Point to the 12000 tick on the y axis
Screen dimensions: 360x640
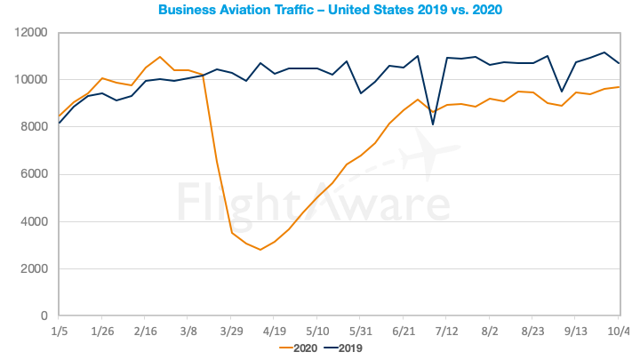point(30,32)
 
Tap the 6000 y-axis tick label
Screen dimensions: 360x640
point(34,174)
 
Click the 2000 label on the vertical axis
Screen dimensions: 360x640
point(34,268)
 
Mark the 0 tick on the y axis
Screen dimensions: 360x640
point(43,316)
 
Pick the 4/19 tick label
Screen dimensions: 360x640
point(274,331)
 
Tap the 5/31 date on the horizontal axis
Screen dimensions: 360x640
point(360,331)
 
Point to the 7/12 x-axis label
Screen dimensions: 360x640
point(446,331)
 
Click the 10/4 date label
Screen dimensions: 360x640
point(619,331)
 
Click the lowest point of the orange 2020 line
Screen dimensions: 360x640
point(260,250)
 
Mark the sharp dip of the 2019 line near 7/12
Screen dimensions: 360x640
point(433,124)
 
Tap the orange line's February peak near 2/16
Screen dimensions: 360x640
point(160,57)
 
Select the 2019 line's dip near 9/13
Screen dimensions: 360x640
point(562,92)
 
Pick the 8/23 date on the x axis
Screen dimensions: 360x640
point(532,331)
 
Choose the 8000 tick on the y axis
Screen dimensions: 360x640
point(34,127)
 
